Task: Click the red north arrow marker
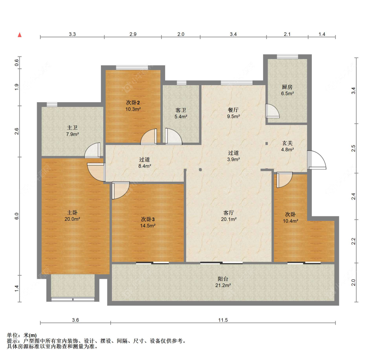pos(20,35)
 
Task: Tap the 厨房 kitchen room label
pos(287,87)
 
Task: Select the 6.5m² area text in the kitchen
pos(287,94)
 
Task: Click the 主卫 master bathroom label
pos(72,128)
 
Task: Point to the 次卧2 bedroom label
pos(133,103)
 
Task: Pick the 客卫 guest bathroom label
pos(180,110)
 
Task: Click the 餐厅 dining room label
pos(233,110)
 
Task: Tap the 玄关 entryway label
pos(287,143)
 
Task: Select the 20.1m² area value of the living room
pos(229,219)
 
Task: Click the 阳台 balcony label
pos(223,279)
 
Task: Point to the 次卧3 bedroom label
pos(148,219)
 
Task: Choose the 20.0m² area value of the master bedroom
pos(72,219)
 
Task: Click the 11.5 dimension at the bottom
pos(223,320)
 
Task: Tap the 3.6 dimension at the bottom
pos(76,320)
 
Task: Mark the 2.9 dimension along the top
pos(133,34)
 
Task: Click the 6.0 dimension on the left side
pos(17,216)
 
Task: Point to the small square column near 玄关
pos(266,144)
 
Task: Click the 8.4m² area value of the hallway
pos(145,166)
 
